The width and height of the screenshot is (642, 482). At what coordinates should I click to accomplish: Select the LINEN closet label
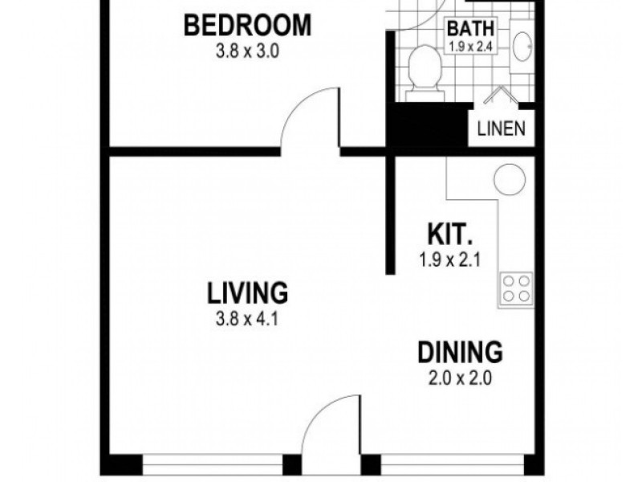coord(502,129)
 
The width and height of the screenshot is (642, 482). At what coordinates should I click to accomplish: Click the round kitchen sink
coord(509,178)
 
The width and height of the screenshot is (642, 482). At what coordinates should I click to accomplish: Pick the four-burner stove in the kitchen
coord(516,288)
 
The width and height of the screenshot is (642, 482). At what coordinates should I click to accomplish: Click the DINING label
coord(460,352)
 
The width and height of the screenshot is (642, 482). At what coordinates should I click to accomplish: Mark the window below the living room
coord(213,466)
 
